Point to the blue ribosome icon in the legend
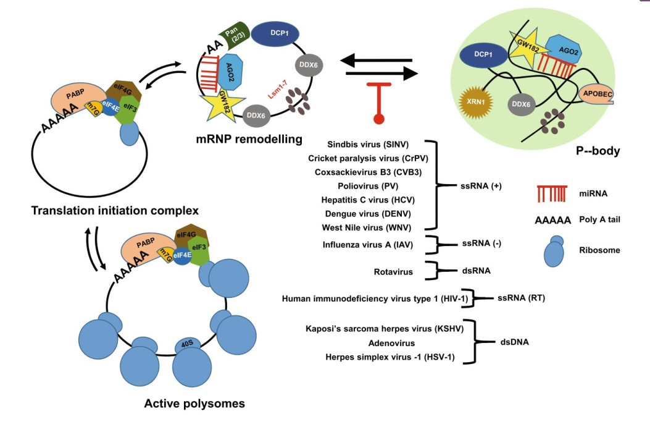point(556,250)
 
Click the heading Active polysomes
point(194,404)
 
